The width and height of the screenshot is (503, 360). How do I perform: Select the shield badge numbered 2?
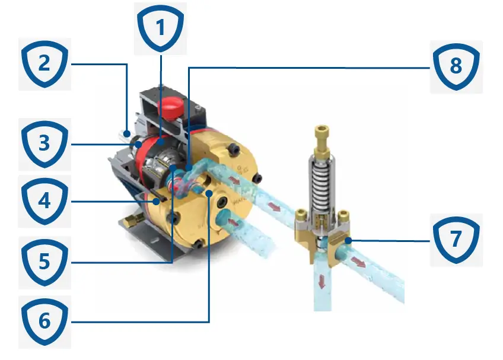(x=44, y=64)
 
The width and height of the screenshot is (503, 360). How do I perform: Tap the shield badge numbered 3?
(x=44, y=144)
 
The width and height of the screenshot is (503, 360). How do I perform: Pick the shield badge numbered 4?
(x=44, y=202)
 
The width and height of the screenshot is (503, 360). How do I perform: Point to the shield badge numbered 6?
(x=44, y=322)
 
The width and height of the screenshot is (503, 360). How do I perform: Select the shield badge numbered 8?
(x=456, y=67)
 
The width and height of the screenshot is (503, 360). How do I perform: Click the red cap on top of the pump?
(x=171, y=109)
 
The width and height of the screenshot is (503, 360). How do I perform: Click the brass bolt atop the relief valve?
(x=321, y=140)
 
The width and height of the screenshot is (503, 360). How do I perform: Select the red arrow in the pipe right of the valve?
(x=358, y=262)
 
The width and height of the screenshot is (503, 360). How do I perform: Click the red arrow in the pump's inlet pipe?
(x=234, y=222)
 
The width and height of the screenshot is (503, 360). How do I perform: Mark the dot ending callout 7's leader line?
(x=348, y=240)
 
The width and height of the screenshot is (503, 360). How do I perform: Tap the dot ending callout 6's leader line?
(x=209, y=193)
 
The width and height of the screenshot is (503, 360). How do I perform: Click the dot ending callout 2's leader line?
(x=127, y=133)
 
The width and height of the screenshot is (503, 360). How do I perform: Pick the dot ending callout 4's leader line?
(x=156, y=202)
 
